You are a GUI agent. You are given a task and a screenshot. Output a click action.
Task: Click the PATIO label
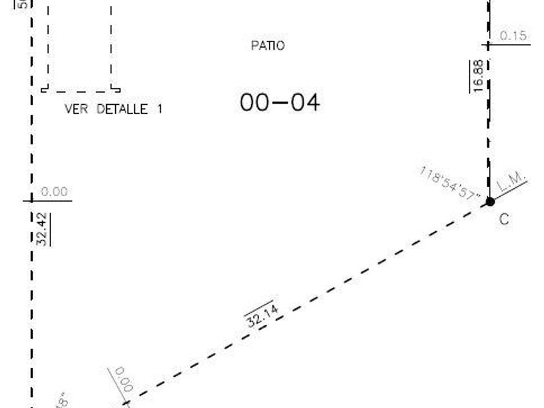tap(267, 46)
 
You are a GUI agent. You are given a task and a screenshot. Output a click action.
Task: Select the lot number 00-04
tap(280, 102)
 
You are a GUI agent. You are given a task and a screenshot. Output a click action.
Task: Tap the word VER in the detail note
tap(76, 109)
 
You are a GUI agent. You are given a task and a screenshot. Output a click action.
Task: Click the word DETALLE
tap(122, 109)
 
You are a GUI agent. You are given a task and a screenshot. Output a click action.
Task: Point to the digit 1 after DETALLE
tap(159, 109)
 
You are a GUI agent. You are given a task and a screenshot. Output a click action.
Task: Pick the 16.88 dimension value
tap(478, 76)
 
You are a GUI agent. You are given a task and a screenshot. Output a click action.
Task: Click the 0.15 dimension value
tap(514, 36)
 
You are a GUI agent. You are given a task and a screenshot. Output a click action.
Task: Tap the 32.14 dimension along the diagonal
tap(263, 315)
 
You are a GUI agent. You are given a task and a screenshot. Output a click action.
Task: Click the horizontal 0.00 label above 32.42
tap(54, 192)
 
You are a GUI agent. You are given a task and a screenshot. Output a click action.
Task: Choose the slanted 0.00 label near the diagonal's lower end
tap(123, 380)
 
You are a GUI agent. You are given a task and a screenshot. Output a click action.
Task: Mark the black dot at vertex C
tap(490, 202)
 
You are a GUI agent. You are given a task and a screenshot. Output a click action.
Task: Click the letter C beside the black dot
tap(503, 220)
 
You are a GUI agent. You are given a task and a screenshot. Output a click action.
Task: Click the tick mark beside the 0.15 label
tap(488, 45)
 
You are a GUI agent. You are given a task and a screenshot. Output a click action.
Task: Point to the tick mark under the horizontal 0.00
tap(31, 201)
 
